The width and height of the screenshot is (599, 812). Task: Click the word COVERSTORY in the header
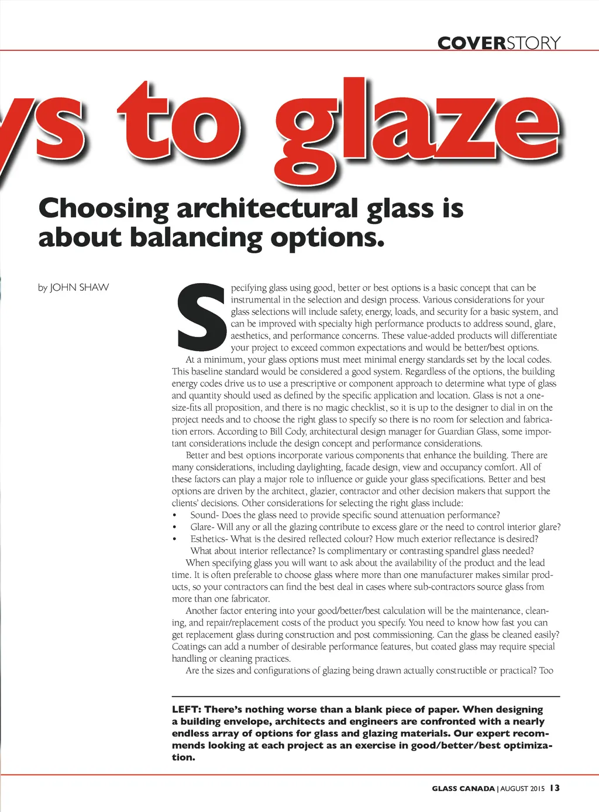[x=498, y=43]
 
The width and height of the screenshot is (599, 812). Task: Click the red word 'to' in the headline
[x=178, y=120]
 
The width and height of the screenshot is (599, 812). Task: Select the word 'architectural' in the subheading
[x=267, y=208]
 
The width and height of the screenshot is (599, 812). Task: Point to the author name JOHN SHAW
[x=80, y=287]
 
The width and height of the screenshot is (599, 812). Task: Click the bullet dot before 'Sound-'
[x=174, y=515]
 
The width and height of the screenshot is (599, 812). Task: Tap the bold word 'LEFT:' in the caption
[x=186, y=710]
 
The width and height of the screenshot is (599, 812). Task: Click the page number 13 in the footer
[x=555, y=788]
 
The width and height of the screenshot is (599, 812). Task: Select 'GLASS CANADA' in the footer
[x=463, y=789]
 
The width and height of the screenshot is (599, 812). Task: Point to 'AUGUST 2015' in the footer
[x=522, y=789]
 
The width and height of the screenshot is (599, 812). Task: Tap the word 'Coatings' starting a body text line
[x=188, y=646]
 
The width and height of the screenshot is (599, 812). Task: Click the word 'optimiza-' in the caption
[x=528, y=745]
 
